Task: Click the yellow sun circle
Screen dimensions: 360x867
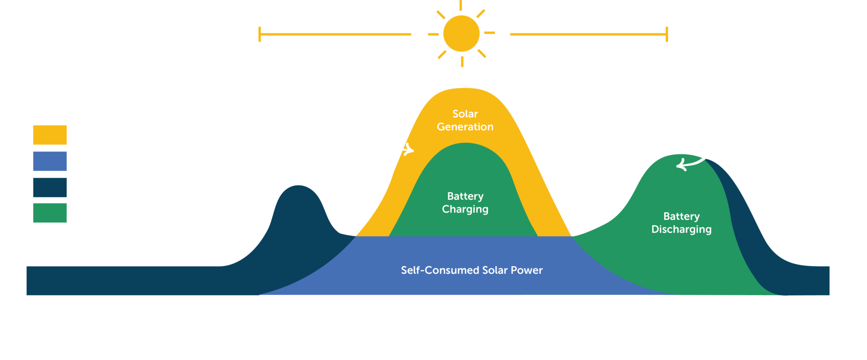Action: coord(461,33)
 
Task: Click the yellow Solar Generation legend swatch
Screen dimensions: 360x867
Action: coord(50,135)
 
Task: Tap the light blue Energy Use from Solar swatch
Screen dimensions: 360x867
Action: coord(50,161)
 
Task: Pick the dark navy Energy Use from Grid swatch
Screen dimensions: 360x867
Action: coord(50,187)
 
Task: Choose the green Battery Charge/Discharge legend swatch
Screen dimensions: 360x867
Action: coord(50,213)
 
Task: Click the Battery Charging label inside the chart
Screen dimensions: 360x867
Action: coord(465,202)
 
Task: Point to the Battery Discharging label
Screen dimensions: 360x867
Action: coord(681,223)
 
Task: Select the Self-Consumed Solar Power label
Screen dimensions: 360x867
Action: coord(472,270)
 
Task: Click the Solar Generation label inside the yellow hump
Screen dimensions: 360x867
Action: coord(465,120)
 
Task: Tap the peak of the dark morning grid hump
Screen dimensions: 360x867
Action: coord(298,186)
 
